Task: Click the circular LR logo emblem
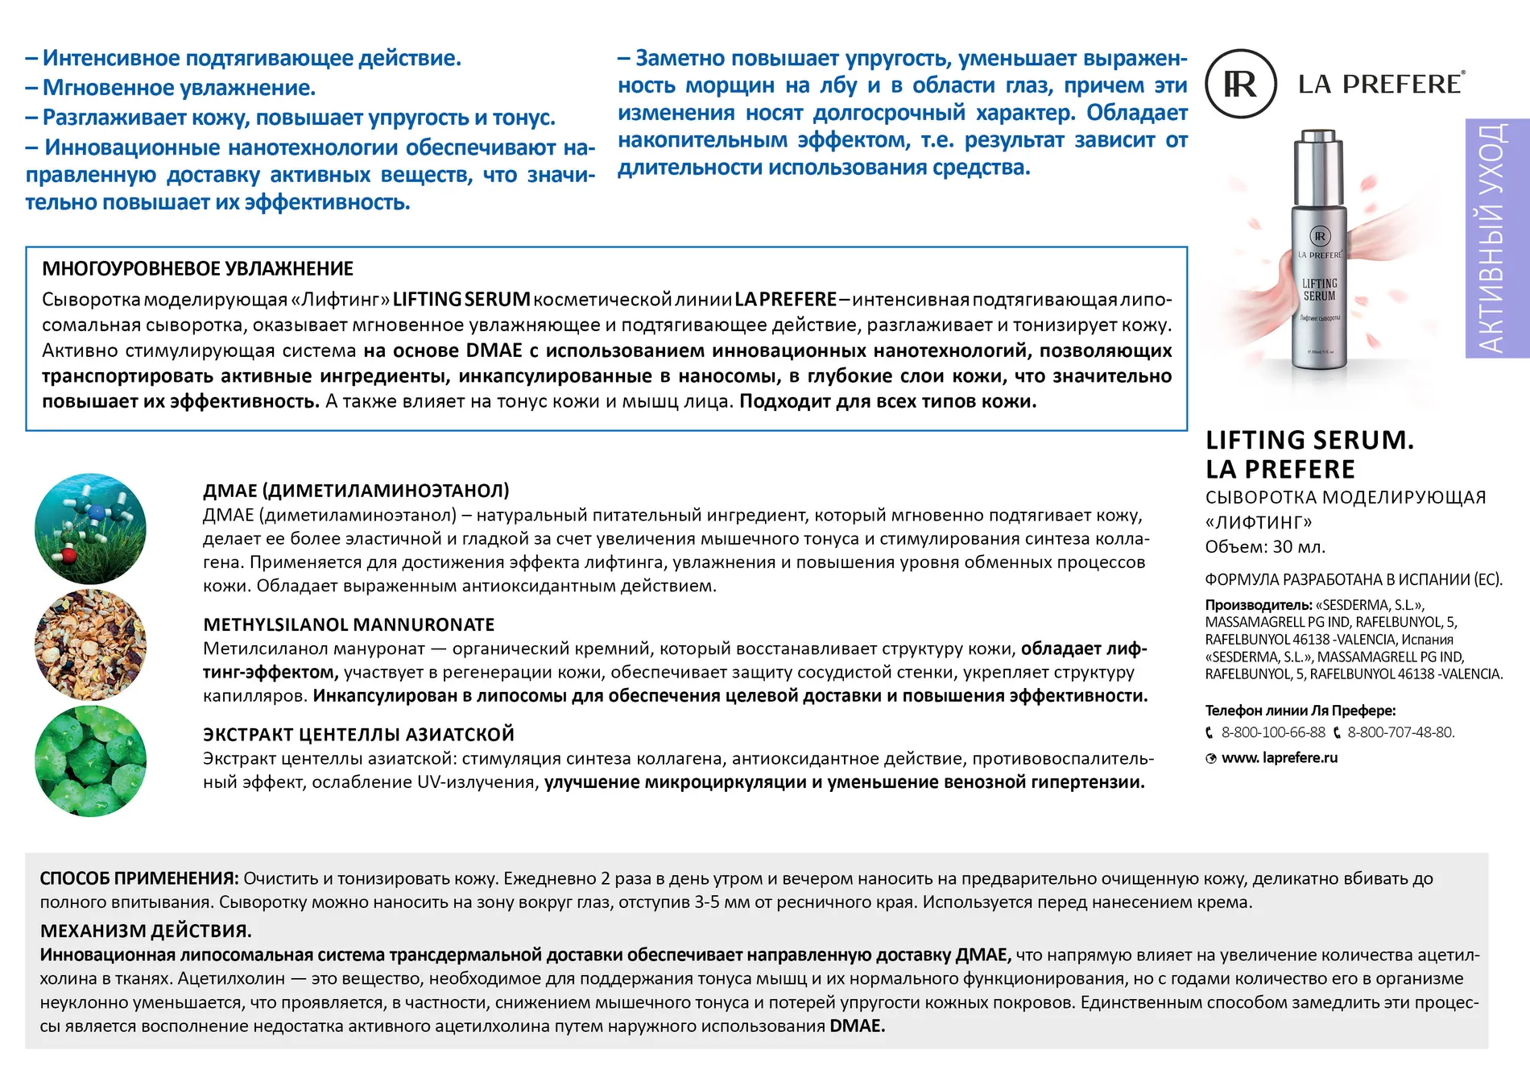(x=1240, y=84)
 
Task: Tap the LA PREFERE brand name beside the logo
(x=1380, y=84)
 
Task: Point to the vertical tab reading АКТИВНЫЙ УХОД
(x=1496, y=238)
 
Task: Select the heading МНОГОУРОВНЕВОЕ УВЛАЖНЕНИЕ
(x=197, y=268)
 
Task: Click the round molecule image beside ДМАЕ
(x=90, y=529)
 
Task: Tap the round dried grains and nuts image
(x=90, y=645)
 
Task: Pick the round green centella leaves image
(x=90, y=761)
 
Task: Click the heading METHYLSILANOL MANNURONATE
(x=349, y=624)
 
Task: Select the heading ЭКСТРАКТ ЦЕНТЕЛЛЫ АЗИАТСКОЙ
(x=358, y=734)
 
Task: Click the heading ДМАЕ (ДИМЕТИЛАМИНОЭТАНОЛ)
(x=356, y=491)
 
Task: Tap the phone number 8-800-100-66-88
(x=1272, y=732)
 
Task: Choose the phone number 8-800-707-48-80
(x=1400, y=732)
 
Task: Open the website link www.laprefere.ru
(x=1279, y=757)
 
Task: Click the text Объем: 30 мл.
(x=1264, y=547)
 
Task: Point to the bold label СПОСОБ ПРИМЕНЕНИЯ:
(x=139, y=878)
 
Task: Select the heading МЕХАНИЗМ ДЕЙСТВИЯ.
(x=146, y=931)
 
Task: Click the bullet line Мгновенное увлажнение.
(x=178, y=88)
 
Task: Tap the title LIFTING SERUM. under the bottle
(x=1309, y=440)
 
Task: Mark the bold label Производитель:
(x=1258, y=605)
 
